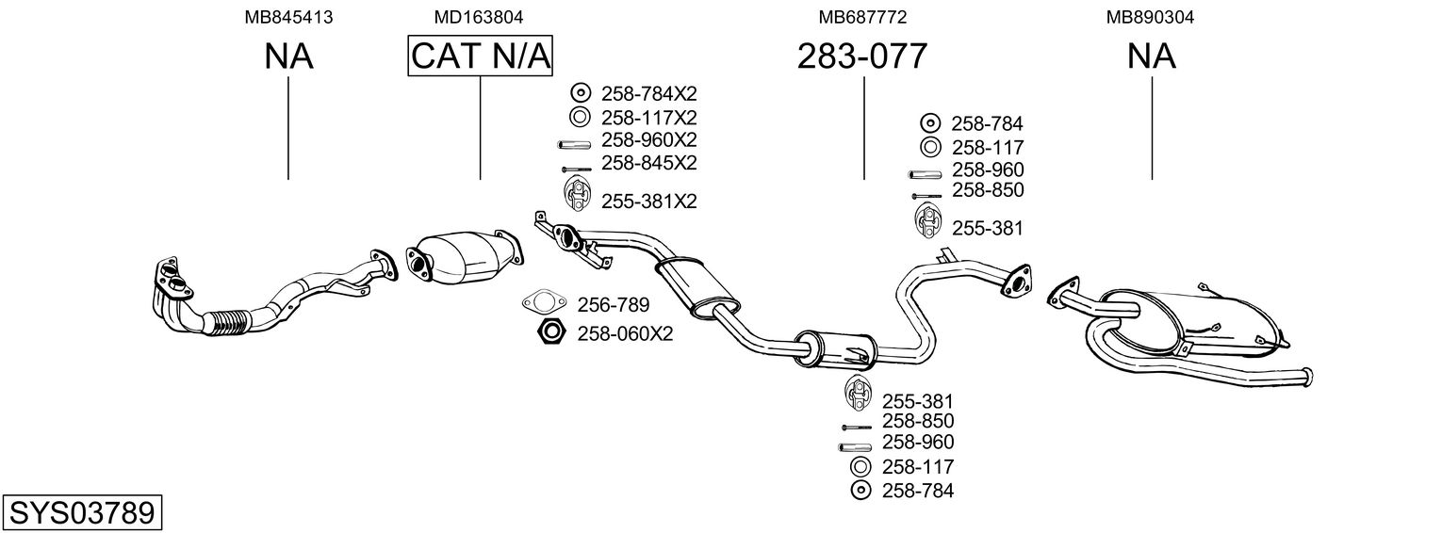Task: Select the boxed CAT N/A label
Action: point(480,57)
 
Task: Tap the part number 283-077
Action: point(862,57)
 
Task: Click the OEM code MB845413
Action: point(288,17)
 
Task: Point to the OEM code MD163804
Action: point(479,17)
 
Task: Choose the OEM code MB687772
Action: point(862,17)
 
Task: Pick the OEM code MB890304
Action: point(1151,17)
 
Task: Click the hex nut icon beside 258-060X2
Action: point(550,332)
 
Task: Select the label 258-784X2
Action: point(648,93)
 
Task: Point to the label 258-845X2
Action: point(648,163)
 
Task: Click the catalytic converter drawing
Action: point(462,259)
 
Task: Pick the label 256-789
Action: point(613,305)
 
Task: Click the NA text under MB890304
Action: point(1151,57)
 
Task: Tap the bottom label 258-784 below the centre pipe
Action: point(917,491)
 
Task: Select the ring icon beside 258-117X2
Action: point(580,118)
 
